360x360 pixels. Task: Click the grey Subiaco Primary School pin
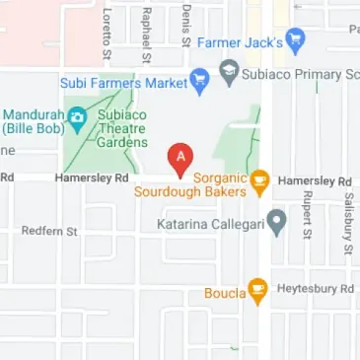click(229, 72)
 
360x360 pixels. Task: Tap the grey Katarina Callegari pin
click(278, 223)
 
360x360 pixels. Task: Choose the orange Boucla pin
click(257, 291)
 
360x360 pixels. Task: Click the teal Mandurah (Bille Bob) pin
click(77, 118)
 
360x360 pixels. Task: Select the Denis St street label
click(185, 25)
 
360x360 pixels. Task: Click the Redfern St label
click(49, 231)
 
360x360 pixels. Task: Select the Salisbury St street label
click(347, 225)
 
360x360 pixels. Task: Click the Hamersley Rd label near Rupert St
click(316, 181)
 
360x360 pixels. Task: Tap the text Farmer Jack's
click(241, 43)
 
